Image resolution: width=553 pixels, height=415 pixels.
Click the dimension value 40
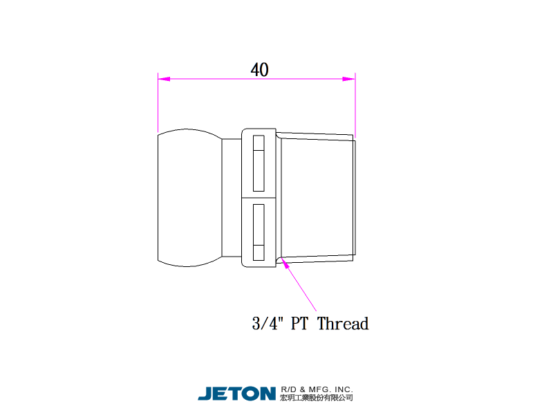(x=260, y=70)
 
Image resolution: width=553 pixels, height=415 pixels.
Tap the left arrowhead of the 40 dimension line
(x=164, y=79)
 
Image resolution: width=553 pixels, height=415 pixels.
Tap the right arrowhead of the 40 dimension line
(x=349, y=79)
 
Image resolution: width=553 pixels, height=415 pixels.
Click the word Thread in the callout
(x=343, y=324)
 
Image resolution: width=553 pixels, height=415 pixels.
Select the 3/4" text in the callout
(x=268, y=324)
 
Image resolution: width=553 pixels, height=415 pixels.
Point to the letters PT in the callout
(x=299, y=324)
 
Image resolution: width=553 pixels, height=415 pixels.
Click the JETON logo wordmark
(x=236, y=394)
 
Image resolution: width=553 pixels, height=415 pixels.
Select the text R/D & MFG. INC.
(x=317, y=389)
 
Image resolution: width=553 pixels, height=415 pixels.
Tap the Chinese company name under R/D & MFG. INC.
(x=317, y=398)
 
